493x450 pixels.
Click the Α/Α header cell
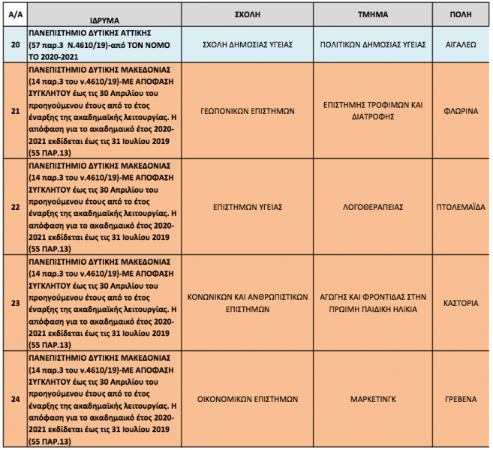click(x=14, y=14)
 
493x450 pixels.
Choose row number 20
click(x=14, y=44)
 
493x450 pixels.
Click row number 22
click(x=14, y=206)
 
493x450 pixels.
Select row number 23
click(x=14, y=303)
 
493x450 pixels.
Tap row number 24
click(x=14, y=399)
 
